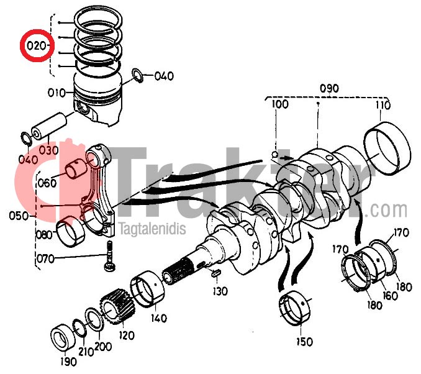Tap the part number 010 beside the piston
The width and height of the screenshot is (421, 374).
[57, 93]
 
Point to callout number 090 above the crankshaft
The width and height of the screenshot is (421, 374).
[328, 88]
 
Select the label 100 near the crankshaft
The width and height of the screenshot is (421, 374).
[279, 104]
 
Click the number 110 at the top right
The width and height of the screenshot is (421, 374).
[383, 106]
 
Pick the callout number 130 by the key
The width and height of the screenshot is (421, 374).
[220, 290]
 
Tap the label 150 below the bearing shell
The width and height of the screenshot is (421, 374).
[304, 341]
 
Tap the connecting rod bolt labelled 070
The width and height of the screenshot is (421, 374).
[108, 257]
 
